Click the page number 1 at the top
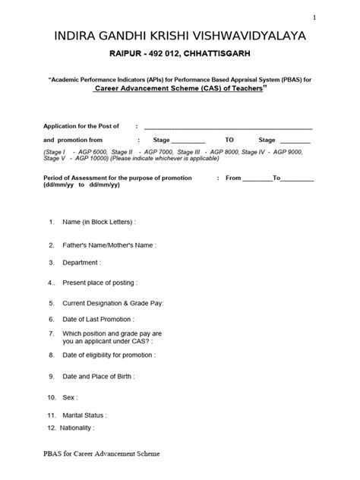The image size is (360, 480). coord(336,17)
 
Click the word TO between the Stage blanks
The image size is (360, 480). coord(230,140)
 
